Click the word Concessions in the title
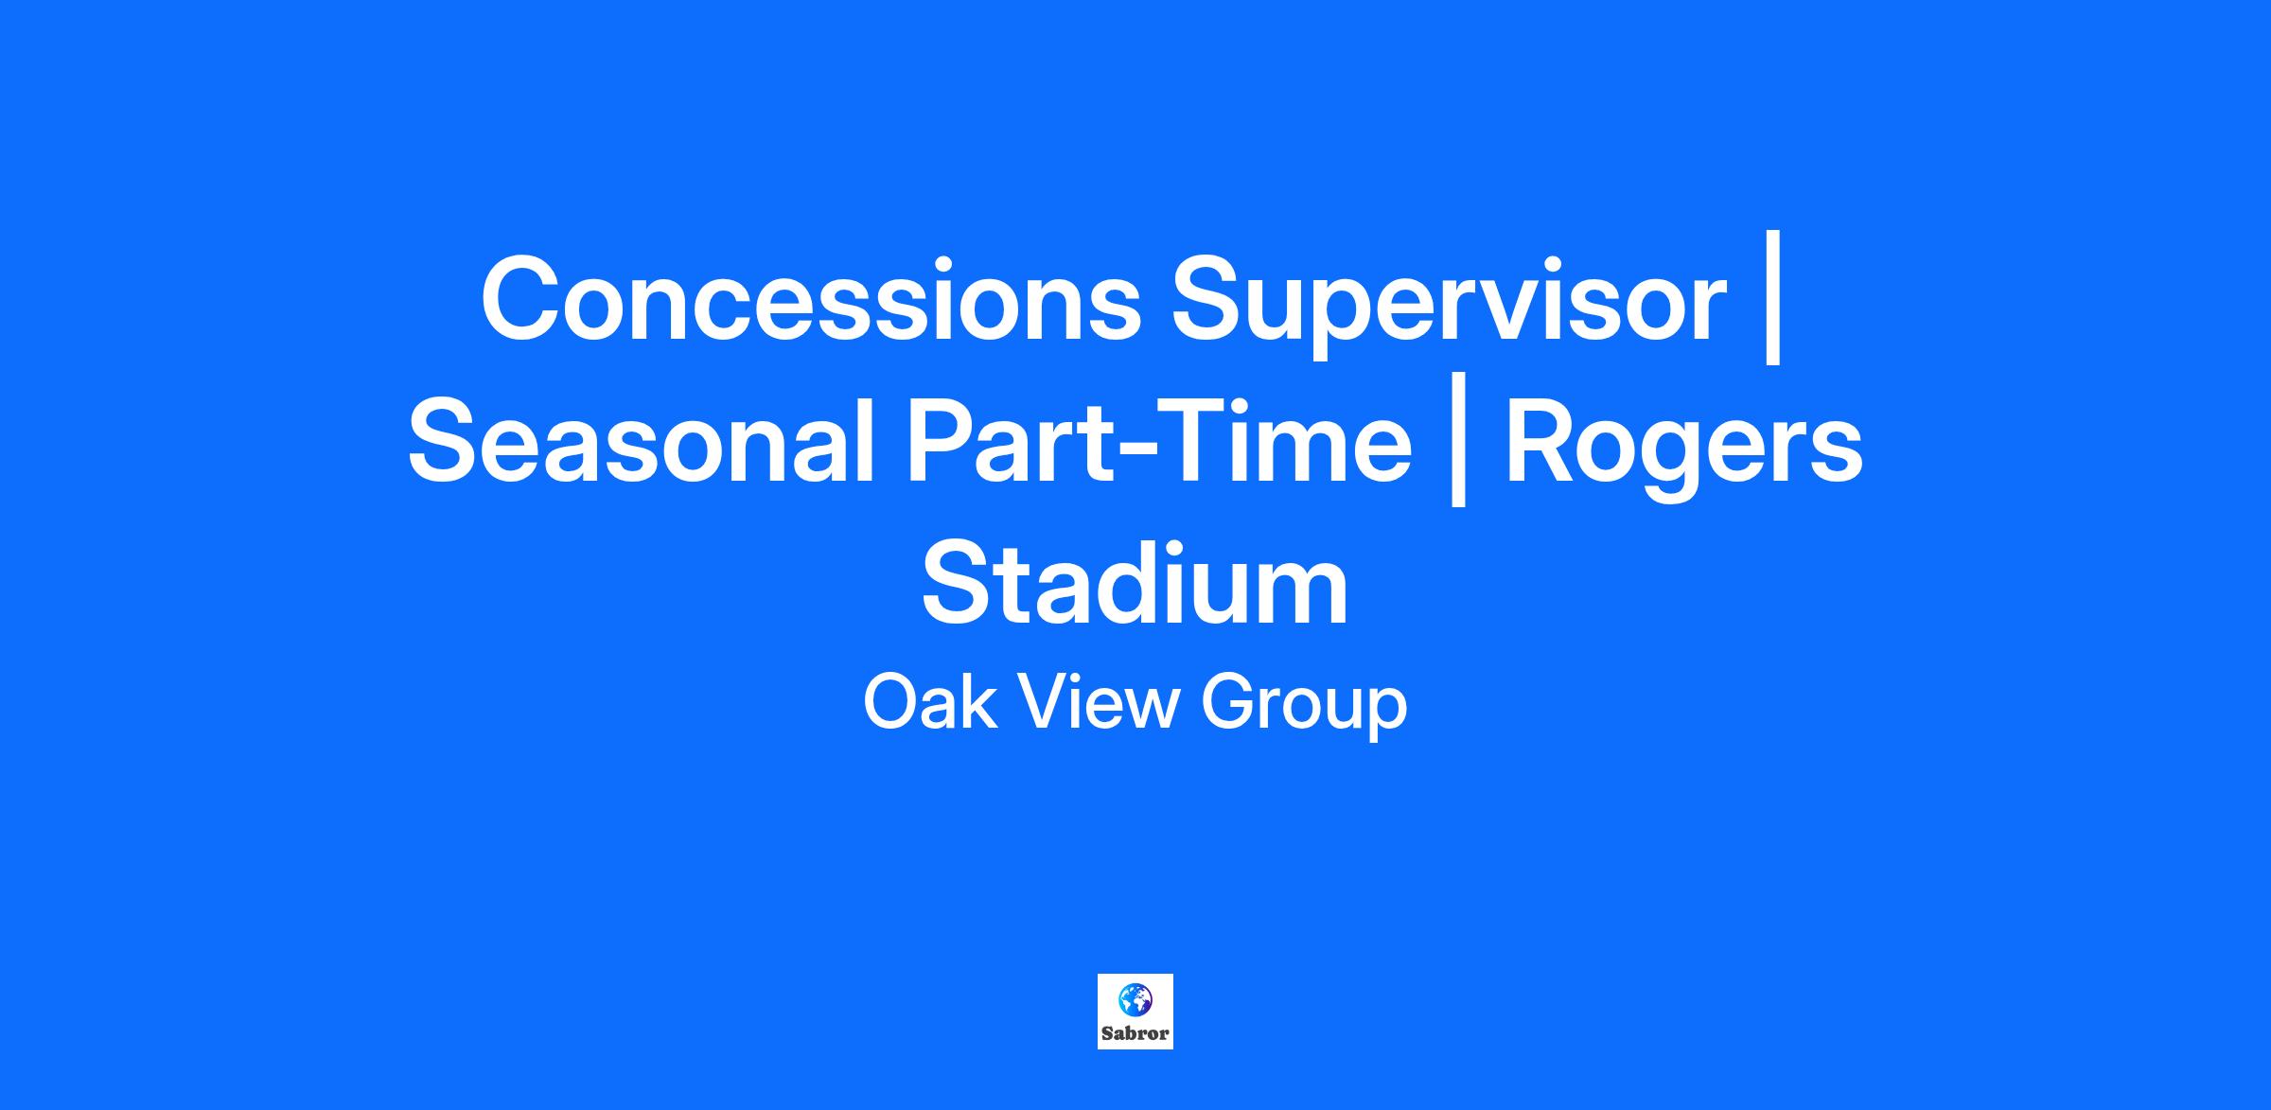(812, 299)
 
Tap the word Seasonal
(640, 441)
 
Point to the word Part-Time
(1158, 441)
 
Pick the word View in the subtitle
(1099, 703)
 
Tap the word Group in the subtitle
(1304, 708)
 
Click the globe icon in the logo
(1135, 998)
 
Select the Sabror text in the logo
(1135, 1034)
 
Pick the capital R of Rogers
(1542, 441)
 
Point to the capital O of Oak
(890, 703)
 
